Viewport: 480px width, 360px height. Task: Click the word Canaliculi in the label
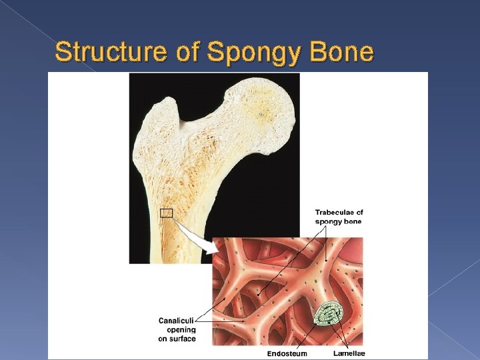click(177, 321)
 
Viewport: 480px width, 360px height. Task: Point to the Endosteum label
click(287, 353)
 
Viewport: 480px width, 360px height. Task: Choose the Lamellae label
click(349, 353)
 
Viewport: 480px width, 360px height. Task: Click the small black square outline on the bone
click(166, 213)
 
